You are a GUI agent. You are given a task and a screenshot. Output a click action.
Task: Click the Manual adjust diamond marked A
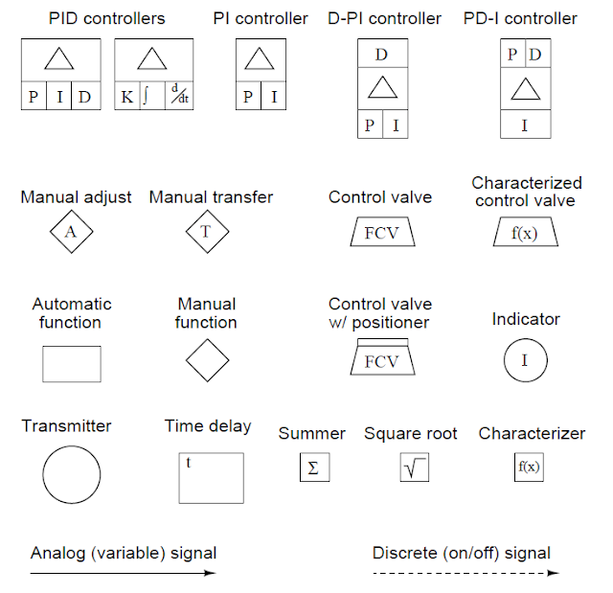click(x=70, y=231)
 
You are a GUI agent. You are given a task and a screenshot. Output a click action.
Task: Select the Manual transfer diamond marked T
click(x=206, y=231)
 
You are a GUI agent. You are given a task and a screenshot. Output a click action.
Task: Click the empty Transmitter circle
click(x=71, y=474)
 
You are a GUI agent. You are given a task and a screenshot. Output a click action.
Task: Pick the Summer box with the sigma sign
click(x=313, y=467)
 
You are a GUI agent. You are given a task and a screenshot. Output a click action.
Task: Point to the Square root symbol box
click(x=414, y=467)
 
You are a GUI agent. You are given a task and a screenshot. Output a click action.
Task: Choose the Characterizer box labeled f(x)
click(x=528, y=467)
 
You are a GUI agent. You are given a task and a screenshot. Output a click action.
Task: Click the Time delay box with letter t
click(x=211, y=477)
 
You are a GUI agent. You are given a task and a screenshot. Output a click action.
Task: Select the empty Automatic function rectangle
click(x=71, y=363)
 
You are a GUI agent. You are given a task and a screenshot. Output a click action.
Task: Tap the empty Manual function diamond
click(x=207, y=362)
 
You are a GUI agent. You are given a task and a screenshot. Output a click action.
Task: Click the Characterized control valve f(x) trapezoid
click(x=526, y=233)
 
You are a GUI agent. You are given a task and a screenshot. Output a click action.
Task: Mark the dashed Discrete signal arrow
click(x=465, y=573)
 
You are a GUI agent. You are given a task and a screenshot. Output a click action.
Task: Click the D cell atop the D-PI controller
click(x=381, y=55)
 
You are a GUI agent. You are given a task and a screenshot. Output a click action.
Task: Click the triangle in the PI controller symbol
click(x=261, y=60)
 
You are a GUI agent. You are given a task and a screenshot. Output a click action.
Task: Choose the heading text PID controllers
click(x=94, y=18)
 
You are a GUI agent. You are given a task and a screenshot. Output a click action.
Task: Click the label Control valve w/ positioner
click(x=378, y=313)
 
